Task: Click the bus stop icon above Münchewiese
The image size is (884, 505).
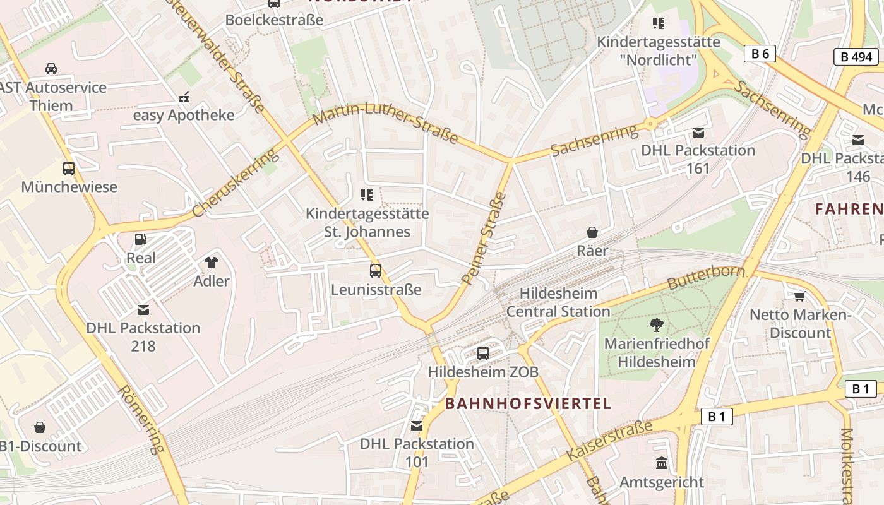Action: pos(69,169)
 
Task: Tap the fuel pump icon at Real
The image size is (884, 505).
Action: pos(141,239)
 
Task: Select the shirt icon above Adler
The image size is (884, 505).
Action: pos(211,262)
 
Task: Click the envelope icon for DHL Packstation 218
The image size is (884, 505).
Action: pos(143,309)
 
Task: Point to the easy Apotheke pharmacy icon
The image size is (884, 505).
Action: pos(184,97)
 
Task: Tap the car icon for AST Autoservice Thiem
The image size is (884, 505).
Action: pos(51,68)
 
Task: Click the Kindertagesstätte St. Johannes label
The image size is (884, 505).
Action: pos(367,222)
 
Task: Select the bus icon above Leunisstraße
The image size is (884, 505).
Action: pos(376,271)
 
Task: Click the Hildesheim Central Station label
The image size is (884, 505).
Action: pos(558,302)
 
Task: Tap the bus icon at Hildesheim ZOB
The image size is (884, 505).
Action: pos(483,353)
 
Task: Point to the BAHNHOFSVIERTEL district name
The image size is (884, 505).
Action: pos(528,403)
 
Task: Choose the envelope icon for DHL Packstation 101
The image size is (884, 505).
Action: pos(417,425)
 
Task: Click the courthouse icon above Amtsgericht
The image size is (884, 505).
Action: pos(662,463)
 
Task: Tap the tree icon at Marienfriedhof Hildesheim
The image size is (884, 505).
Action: pos(657,326)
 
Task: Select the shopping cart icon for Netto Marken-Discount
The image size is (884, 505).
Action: pos(800,295)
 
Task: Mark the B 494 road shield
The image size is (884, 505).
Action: pos(856,57)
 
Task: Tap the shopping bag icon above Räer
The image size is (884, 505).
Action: pos(592,232)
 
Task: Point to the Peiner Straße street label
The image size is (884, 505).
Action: pos(484,237)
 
